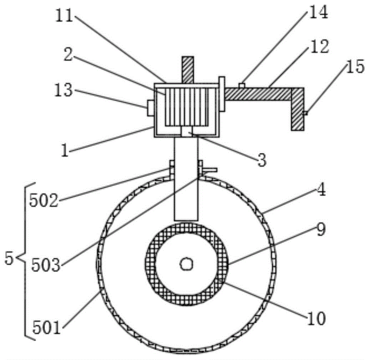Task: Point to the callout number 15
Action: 355,67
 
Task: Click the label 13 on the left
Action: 63,90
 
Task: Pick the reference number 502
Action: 44,201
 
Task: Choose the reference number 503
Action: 46,265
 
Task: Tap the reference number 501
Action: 46,328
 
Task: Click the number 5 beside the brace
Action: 9,258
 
